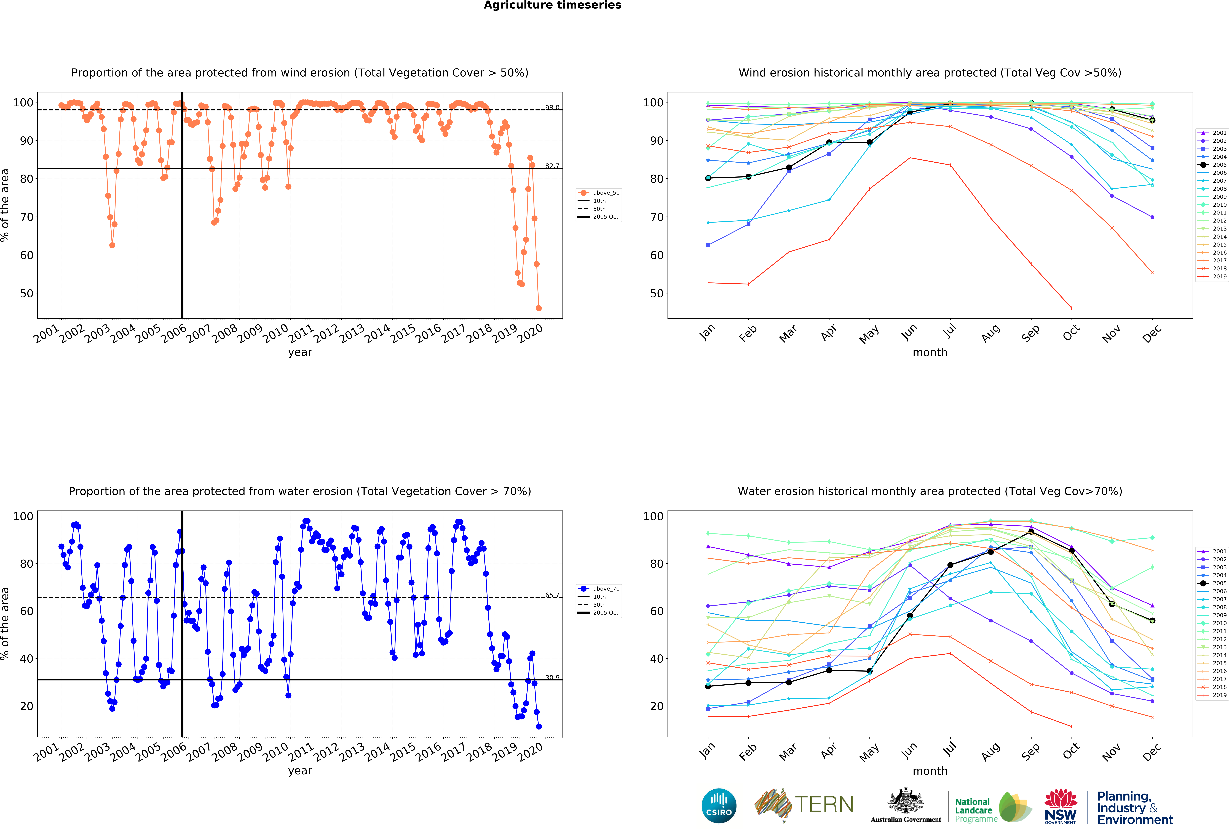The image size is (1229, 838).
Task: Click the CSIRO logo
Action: pos(719,806)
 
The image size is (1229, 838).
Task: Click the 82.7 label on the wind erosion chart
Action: pos(552,166)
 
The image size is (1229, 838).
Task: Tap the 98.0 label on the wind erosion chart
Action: pos(552,107)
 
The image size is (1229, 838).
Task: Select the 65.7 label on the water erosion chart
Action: pos(552,595)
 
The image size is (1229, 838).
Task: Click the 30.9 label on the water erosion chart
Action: pos(552,677)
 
